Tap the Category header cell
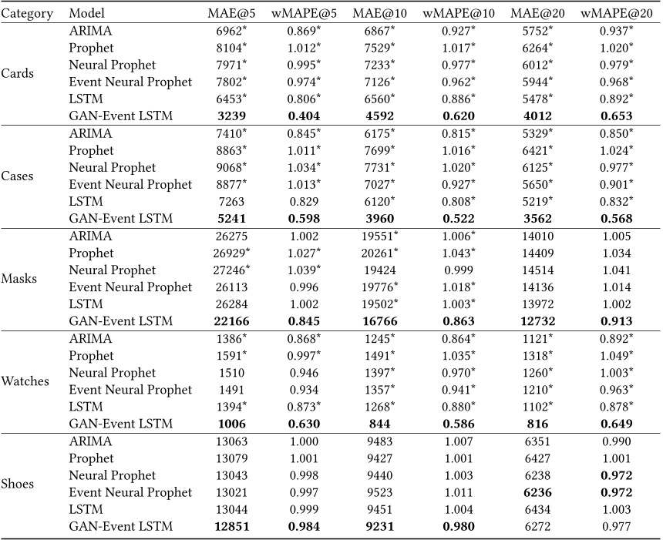click(x=27, y=13)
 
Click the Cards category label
click(x=19, y=74)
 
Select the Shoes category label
click(x=20, y=484)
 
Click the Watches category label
click(x=25, y=381)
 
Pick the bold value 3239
click(x=227, y=116)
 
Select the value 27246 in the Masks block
click(x=226, y=270)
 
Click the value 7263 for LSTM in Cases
click(x=227, y=202)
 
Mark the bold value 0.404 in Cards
click(x=302, y=116)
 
